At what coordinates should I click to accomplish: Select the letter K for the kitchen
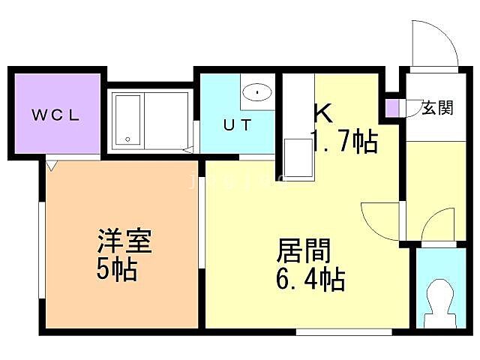click(322, 113)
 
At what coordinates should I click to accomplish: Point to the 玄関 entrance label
click(436, 107)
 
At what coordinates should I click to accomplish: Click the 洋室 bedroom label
click(124, 244)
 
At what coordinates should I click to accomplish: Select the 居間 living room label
click(304, 250)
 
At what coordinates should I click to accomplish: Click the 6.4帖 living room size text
click(310, 280)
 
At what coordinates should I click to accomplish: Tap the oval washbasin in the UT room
click(257, 93)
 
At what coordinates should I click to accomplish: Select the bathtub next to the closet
click(127, 120)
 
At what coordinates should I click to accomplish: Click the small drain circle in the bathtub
click(128, 139)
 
